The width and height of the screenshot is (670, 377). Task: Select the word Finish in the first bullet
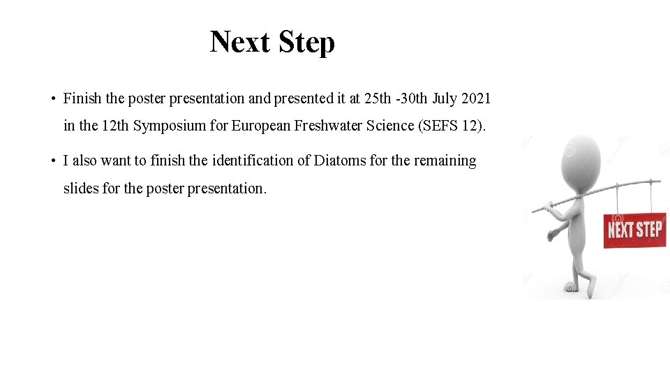pos(82,98)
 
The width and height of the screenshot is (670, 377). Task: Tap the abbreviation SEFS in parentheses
pos(440,126)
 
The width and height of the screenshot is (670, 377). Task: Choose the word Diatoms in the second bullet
pos(339,161)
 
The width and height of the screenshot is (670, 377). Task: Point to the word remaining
pos(445,161)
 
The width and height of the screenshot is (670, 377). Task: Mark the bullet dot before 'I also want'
pos(52,161)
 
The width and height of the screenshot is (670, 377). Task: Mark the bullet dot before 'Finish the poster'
pos(52,99)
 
